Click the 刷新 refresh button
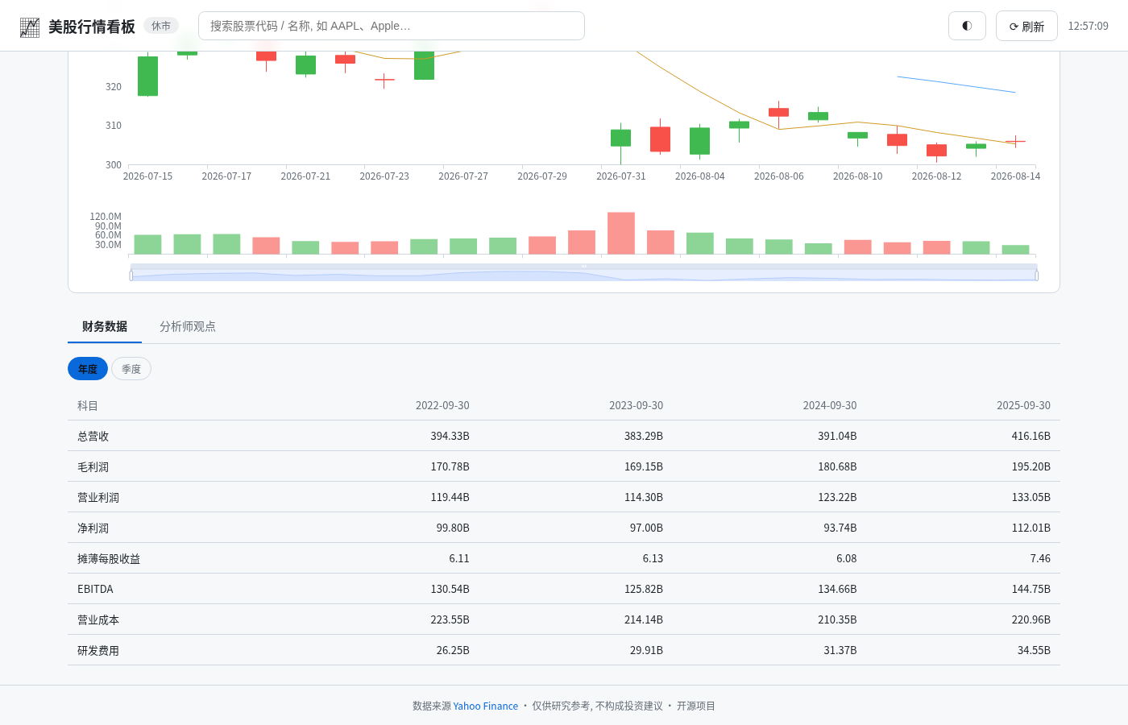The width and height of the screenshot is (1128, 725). [1026, 26]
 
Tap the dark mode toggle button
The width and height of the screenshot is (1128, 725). [967, 26]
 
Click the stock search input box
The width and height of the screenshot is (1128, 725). [392, 26]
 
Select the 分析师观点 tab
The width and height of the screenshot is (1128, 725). [187, 326]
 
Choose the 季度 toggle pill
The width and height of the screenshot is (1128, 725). [131, 369]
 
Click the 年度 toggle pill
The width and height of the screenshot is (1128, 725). [88, 369]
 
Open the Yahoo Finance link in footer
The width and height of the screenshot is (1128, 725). [485, 706]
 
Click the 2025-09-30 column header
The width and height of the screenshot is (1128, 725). [1023, 405]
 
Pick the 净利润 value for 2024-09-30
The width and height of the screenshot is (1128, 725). [840, 528]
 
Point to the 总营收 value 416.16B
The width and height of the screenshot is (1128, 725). [1031, 436]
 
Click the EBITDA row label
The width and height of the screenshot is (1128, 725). [95, 589]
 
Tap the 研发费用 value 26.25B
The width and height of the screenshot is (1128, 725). [453, 650]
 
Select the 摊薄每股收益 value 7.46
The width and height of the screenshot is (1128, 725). [1040, 558]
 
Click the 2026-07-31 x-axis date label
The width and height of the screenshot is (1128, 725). [620, 176]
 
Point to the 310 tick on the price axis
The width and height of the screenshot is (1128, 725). [114, 126]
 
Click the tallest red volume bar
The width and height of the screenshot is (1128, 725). [621, 233]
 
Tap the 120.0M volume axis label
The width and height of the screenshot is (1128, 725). [106, 216]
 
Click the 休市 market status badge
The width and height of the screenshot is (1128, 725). [161, 26]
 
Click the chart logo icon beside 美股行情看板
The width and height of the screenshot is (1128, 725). [30, 27]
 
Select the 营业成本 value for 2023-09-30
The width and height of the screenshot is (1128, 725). [644, 619]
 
